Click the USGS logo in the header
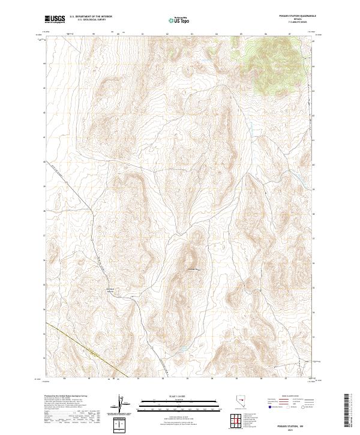tap(55, 20)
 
